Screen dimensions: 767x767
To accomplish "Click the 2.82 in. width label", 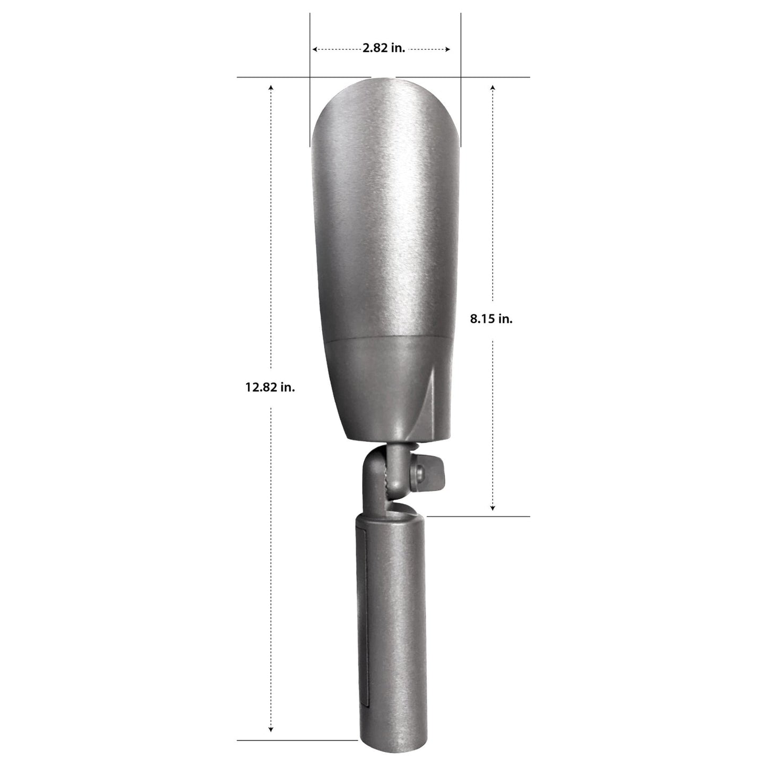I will pos(384,49).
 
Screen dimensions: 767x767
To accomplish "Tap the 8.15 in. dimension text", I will pos(491,320).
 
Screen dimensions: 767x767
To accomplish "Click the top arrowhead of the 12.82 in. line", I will pos(272,87).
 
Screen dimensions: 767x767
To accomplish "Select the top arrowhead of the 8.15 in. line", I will pos(493,87).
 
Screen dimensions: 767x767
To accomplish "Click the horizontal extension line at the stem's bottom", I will pos(297,740).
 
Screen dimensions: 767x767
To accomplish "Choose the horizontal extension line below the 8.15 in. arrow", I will pos(478,516).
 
